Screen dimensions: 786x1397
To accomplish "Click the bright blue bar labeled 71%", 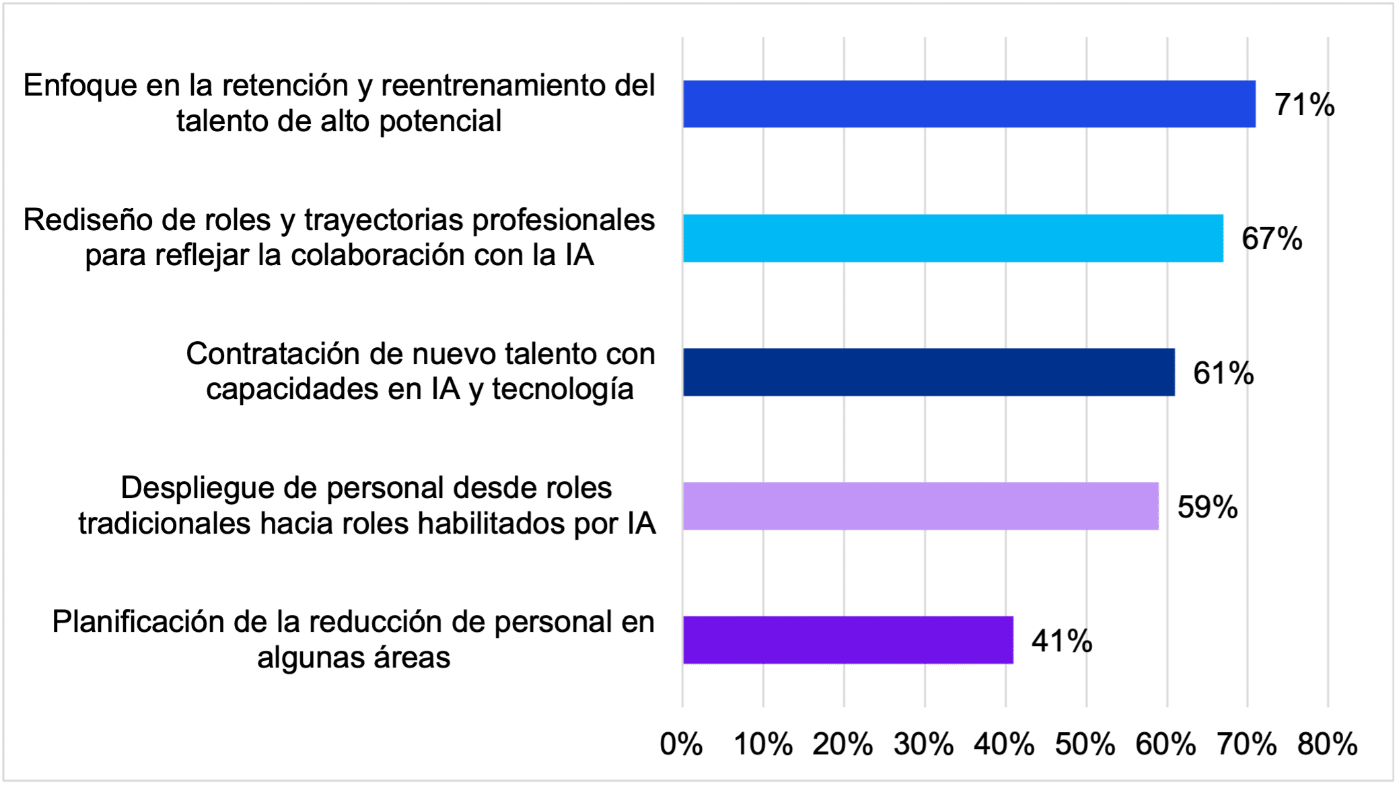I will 969,104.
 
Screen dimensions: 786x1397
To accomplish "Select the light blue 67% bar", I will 953,238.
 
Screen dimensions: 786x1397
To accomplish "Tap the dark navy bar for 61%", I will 929,372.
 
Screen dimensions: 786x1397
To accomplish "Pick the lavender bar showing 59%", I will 921,506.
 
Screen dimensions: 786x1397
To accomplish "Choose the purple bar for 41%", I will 848,640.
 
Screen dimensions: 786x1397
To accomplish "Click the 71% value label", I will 1304,105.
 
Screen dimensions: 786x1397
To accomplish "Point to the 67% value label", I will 1272,239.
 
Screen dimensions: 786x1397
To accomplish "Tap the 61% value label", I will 1223,373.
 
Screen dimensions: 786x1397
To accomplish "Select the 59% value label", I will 1207,507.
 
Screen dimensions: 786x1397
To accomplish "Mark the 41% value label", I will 1062,641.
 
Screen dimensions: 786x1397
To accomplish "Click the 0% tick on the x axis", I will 681,744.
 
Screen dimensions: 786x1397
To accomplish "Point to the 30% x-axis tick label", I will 923,744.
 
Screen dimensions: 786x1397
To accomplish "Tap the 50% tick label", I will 1085,744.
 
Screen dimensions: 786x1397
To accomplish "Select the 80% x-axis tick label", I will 1327,744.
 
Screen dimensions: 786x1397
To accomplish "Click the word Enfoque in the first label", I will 80,86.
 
